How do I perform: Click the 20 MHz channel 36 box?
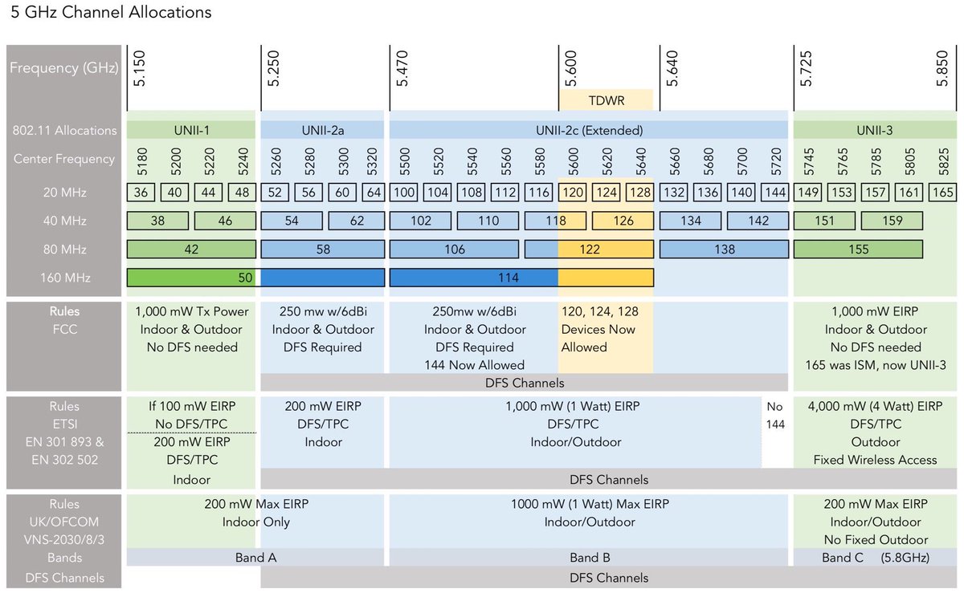tap(141, 193)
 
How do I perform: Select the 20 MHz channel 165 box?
tap(943, 193)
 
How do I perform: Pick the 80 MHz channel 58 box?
tap(323, 250)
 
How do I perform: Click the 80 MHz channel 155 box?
tap(858, 250)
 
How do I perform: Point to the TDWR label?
tap(607, 100)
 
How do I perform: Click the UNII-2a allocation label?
tap(323, 129)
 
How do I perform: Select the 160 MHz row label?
tap(65, 278)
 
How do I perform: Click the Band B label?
tap(584, 558)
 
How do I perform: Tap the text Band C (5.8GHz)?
tap(872, 558)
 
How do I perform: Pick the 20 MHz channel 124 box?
tap(607, 193)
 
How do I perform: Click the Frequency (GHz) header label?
tap(63, 67)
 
